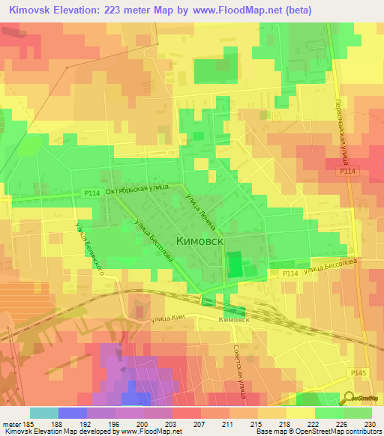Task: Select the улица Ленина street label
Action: click(202, 211)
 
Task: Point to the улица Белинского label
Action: click(88, 247)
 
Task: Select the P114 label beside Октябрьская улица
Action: click(92, 193)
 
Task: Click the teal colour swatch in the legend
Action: click(44, 412)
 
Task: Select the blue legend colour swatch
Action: click(73, 412)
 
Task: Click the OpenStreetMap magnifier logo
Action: click(349, 398)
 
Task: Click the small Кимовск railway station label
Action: click(234, 319)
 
